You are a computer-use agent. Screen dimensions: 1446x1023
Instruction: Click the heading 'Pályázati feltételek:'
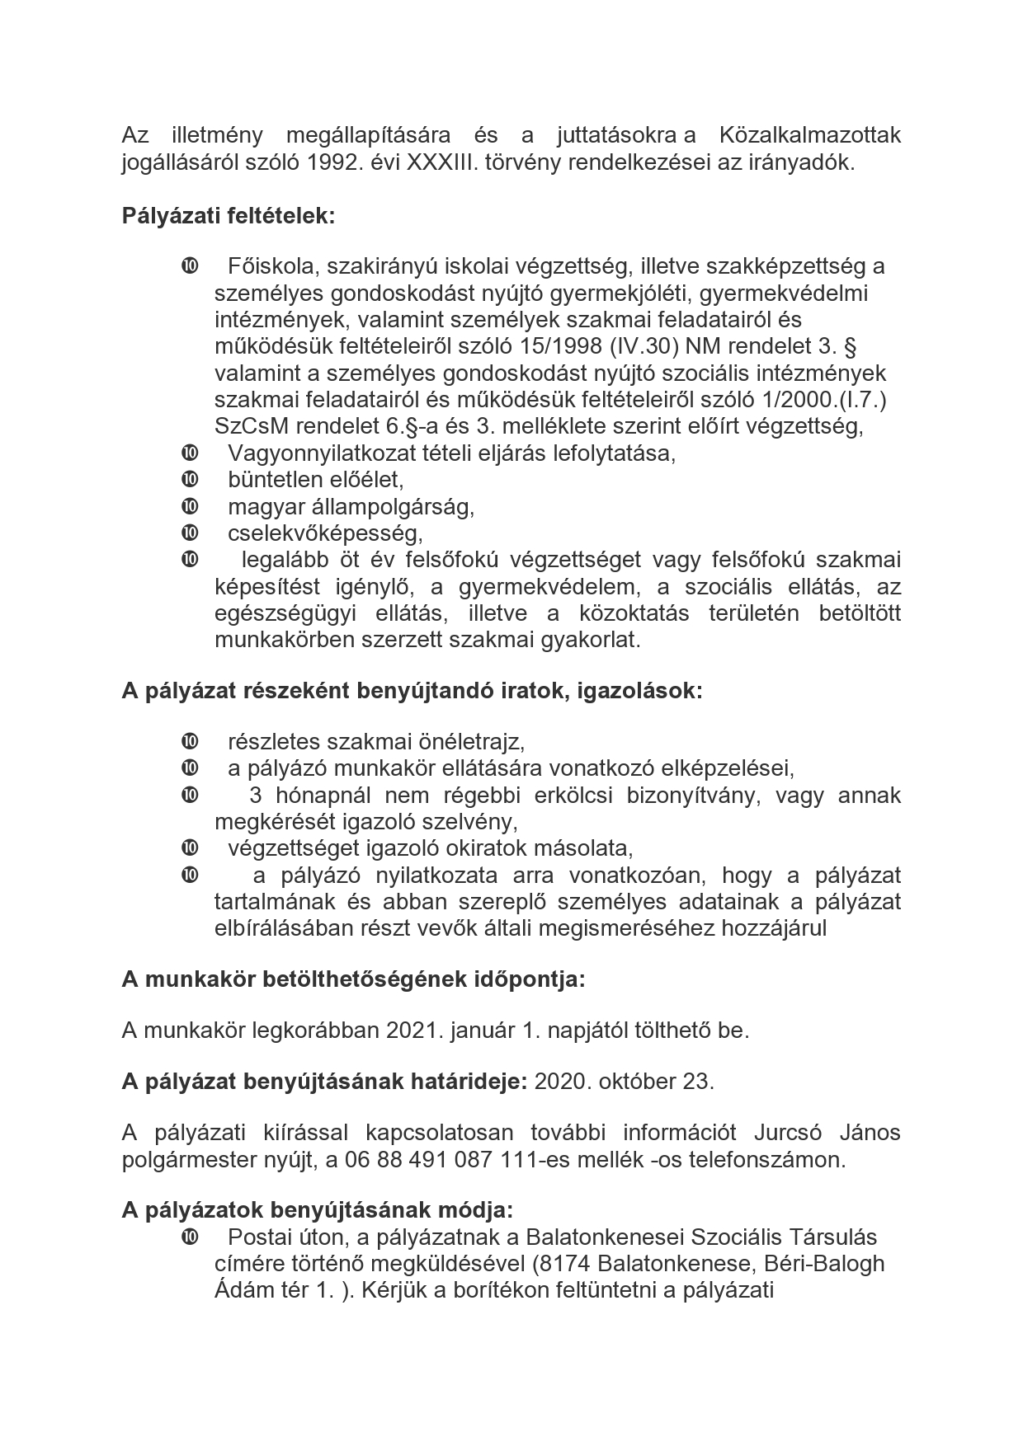[229, 216]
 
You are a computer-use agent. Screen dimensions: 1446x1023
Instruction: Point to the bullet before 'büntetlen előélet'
[189, 479]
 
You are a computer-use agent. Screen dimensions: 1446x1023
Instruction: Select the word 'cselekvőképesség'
[325, 533]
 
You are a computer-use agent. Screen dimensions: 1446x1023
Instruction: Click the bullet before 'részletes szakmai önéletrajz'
[189, 741]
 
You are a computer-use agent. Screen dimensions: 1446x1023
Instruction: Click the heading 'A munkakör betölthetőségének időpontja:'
[353, 979]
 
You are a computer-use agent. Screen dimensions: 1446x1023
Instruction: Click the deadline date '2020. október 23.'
[625, 1082]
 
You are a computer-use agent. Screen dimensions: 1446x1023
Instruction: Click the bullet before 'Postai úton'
[189, 1237]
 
